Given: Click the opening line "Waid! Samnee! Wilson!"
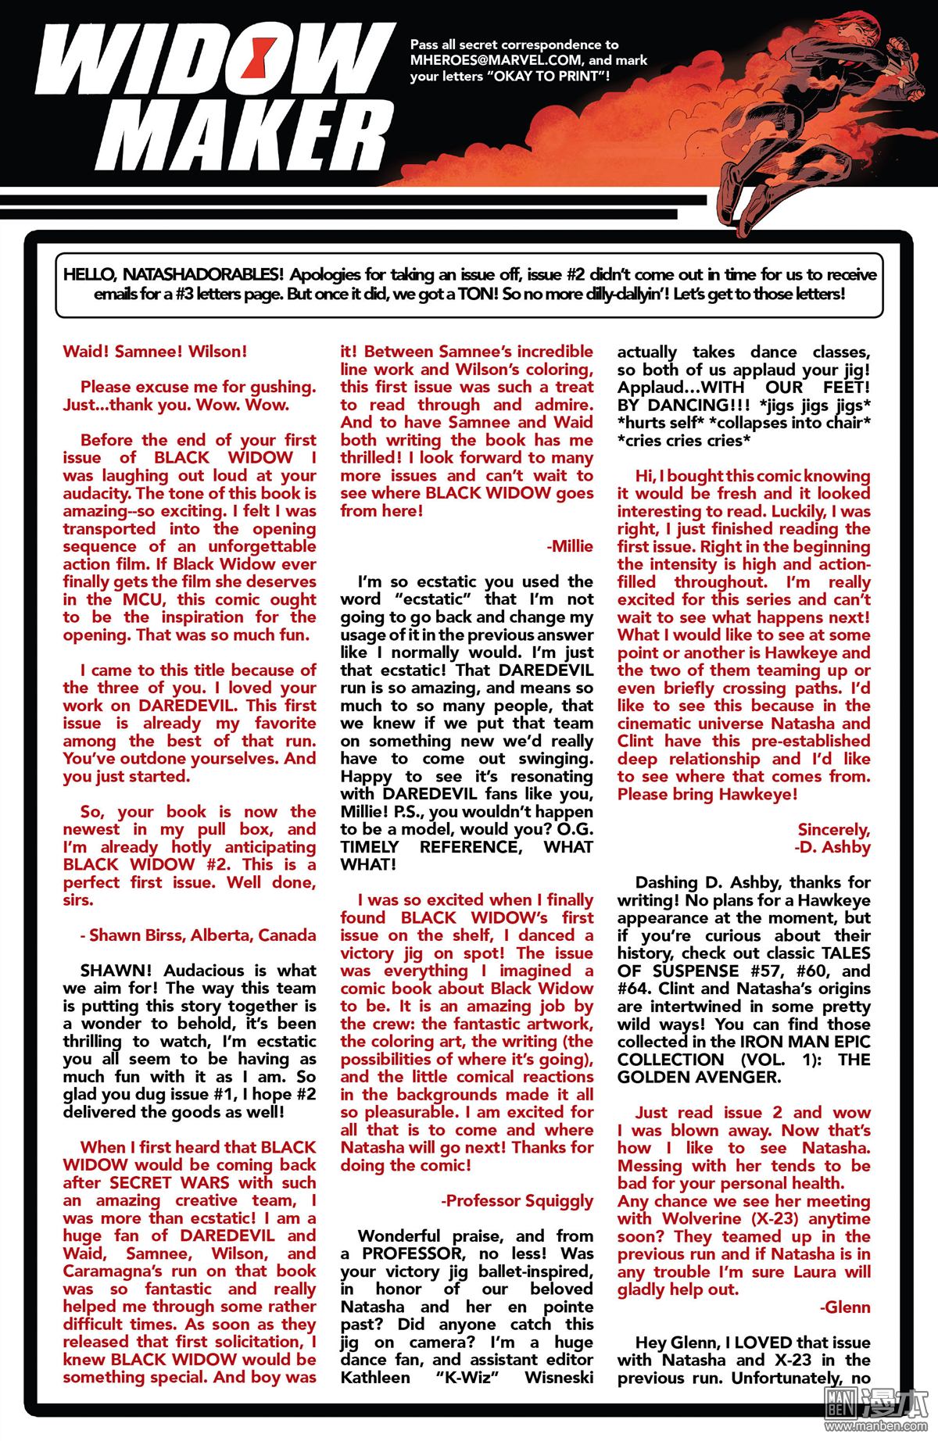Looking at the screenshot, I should pos(155,352).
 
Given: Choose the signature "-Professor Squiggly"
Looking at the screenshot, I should pos(517,1200).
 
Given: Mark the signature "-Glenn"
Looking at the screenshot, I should pos(845,1307).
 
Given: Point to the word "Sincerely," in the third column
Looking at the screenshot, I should pos(833,829).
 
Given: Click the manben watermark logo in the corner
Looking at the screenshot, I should pos(884,1418).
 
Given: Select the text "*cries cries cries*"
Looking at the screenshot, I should pos(680,440).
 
